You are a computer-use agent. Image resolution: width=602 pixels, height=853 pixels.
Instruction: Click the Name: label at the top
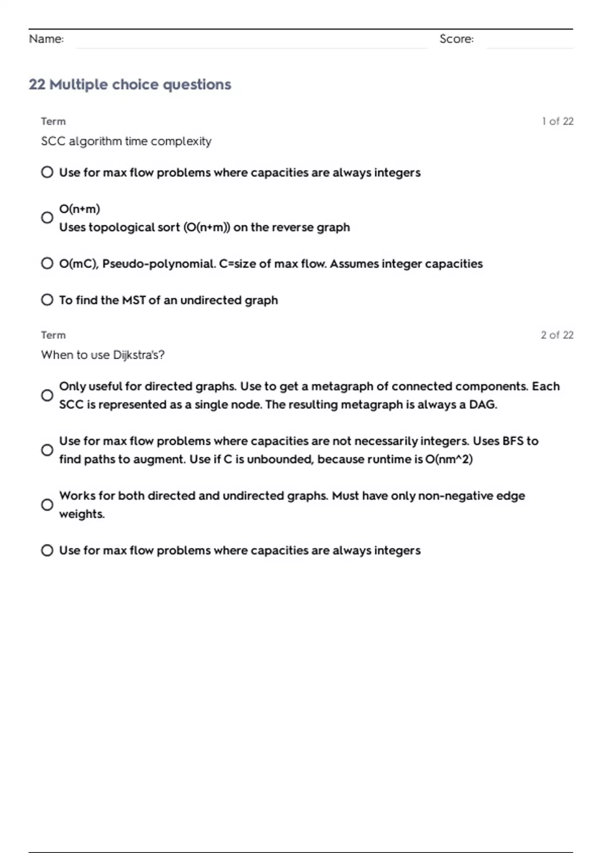point(46,39)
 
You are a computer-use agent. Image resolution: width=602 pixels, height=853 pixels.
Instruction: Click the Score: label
point(456,39)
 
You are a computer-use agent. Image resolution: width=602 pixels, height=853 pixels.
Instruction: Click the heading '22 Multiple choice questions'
point(130,84)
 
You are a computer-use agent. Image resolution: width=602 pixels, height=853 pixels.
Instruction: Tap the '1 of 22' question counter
point(557,121)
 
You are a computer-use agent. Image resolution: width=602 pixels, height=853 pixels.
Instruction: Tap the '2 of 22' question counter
point(557,335)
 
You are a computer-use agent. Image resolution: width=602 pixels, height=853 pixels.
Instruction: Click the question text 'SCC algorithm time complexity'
point(126,141)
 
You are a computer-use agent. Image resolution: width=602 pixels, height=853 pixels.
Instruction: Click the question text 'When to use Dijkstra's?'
point(102,355)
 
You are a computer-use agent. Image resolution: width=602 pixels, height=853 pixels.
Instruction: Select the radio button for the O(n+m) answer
point(47,218)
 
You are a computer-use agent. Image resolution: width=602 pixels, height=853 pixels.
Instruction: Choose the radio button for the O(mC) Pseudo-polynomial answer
point(47,263)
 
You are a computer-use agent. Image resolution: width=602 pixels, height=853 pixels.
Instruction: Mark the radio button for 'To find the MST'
point(47,300)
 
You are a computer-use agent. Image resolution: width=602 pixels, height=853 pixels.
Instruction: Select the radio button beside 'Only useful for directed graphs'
point(47,395)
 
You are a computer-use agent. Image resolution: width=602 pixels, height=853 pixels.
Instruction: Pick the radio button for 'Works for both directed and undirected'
point(47,505)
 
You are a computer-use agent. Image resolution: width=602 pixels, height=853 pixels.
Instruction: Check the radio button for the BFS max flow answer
point(47,450)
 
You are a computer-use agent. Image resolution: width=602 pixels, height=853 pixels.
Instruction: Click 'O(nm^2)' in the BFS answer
point(448,460)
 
